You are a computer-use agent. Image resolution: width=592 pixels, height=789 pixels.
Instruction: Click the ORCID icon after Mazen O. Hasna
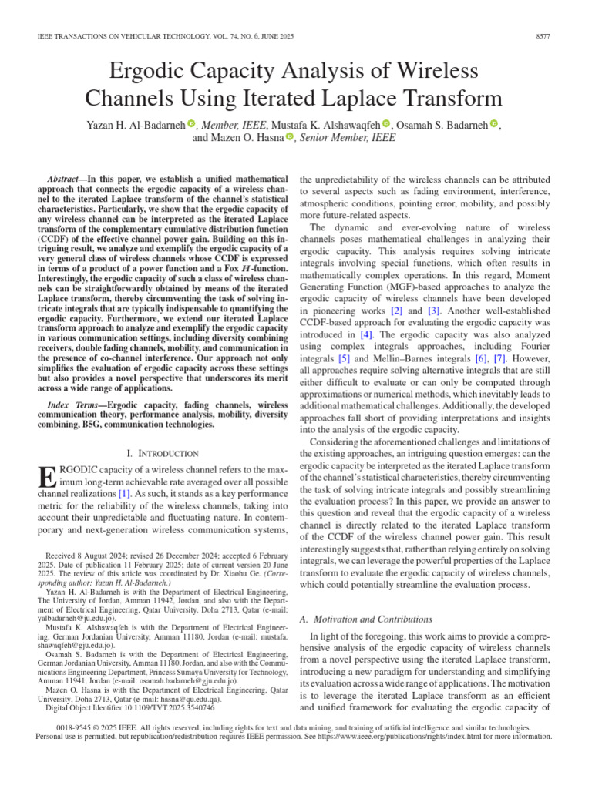(290, 138)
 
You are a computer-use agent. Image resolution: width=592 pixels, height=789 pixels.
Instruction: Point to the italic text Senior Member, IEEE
(348, 138)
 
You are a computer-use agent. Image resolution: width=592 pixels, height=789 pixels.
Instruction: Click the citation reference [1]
(123, 492)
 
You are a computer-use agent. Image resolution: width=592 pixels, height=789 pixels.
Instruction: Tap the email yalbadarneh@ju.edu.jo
(72, 639)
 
